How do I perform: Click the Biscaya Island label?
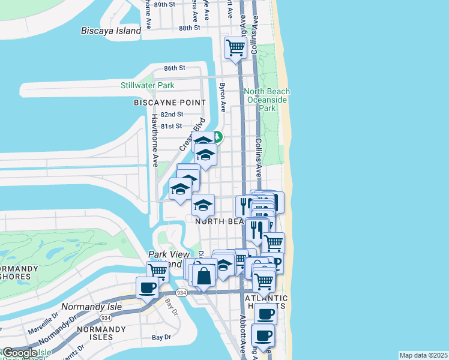click(x=111, y=31)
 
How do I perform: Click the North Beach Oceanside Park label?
click(x=267, y=100)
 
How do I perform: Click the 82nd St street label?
click(x=172, y=114)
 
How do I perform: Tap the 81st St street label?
click(x=171, y=126)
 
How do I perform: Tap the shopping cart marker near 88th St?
click(x=235, y=47)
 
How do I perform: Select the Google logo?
click(x=20, y=353)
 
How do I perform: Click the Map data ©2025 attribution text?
click(x=423, y=355)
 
